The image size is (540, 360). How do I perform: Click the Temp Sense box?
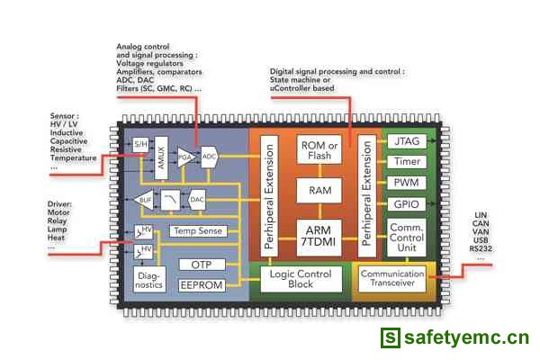pyautogui.click(x=196, y=231)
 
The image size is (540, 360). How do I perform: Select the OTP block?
pyautogui.click(x=202, y=265)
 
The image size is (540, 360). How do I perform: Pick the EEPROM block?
pyautogui.click(x=202, y=284)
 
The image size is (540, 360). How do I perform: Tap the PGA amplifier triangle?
pyautogui.click(x=184, y=157)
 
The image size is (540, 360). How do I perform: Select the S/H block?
pyautogui.click(x=141, y=144)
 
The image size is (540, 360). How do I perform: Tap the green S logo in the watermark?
pyautogui.click(x=390, y=339)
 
